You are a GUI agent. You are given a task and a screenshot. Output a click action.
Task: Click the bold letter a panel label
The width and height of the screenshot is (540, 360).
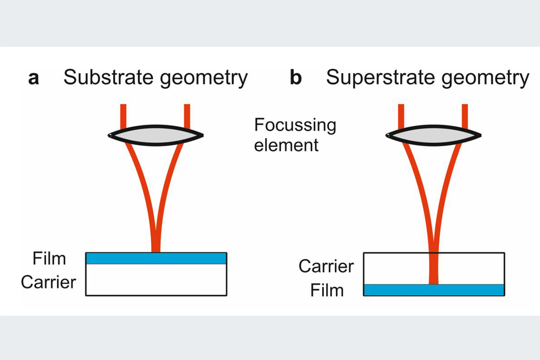pos(34,79)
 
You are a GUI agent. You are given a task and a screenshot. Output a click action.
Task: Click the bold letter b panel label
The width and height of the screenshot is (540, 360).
pos(295,78)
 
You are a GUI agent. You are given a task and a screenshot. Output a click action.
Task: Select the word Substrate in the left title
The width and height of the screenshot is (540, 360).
pos(106,78)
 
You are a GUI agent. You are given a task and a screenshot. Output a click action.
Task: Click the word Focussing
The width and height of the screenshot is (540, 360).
pos(295,126)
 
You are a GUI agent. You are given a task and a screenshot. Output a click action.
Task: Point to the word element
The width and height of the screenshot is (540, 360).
pos(286,145)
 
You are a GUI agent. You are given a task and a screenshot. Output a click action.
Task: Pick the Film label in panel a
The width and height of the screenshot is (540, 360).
pos(49,259)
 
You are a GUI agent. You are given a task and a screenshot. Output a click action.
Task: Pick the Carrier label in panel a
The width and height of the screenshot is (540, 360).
pos(48,282)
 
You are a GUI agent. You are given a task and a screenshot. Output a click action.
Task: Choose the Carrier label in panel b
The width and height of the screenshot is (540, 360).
pos(326,266)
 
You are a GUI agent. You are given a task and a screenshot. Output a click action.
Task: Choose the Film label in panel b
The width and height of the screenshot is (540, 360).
pos(327,291)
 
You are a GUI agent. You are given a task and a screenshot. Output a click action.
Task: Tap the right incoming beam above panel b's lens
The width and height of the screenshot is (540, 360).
pos(465,115)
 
